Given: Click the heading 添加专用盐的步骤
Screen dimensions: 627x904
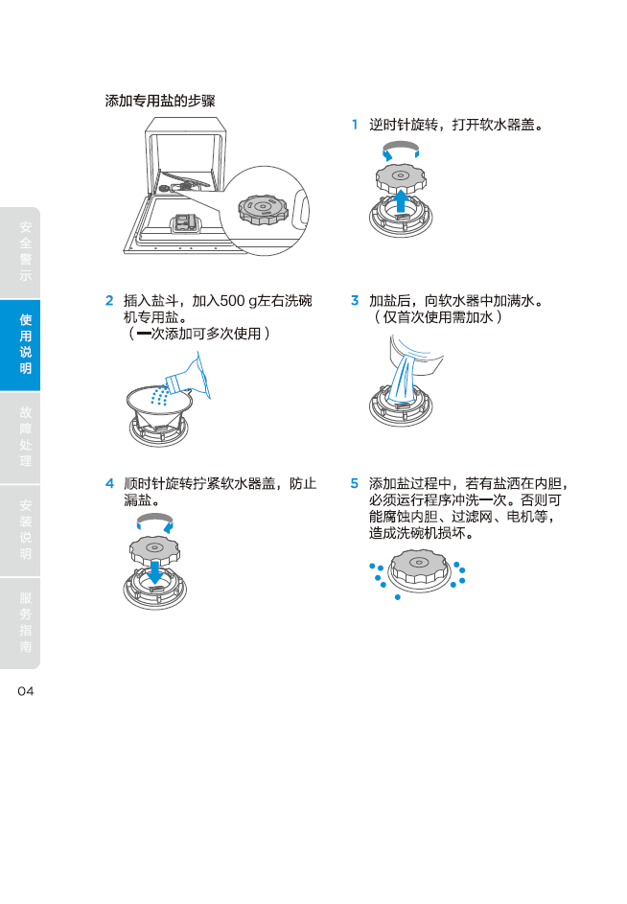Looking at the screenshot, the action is (x=160, y=101).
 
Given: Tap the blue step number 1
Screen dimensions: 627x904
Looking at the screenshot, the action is (x=355, y=125).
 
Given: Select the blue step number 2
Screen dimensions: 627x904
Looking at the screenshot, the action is (x=109, y=300).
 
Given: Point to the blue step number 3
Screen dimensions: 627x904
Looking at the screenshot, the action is (x=355, y=300).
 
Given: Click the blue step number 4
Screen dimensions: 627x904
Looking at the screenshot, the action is (x=109, y=483).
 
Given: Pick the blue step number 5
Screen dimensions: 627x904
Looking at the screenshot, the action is (x=355, y=483).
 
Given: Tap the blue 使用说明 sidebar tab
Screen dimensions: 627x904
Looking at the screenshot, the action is (x=20, y=345).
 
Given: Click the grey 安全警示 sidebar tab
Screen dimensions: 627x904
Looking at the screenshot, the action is (x=20, y=252).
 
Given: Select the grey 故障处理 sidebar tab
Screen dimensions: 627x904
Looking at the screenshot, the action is (x=20, y=437).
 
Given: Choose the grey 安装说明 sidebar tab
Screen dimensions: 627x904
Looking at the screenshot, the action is (x=20, y=530).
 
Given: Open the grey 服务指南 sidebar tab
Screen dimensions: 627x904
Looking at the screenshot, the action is (x=20, y=623).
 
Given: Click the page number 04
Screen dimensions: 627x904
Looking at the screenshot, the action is (x=26, y=691).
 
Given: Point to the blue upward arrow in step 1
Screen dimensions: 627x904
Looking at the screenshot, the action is (x=402, y=201).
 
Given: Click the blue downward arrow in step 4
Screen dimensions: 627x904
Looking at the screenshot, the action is (x=154, y=572).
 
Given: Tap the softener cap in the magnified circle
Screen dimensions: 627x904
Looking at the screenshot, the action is (x=263, y=209).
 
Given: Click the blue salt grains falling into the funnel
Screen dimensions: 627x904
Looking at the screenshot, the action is (x=160, y=396).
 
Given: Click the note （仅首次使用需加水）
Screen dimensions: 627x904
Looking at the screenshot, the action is (x=438, y=317).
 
